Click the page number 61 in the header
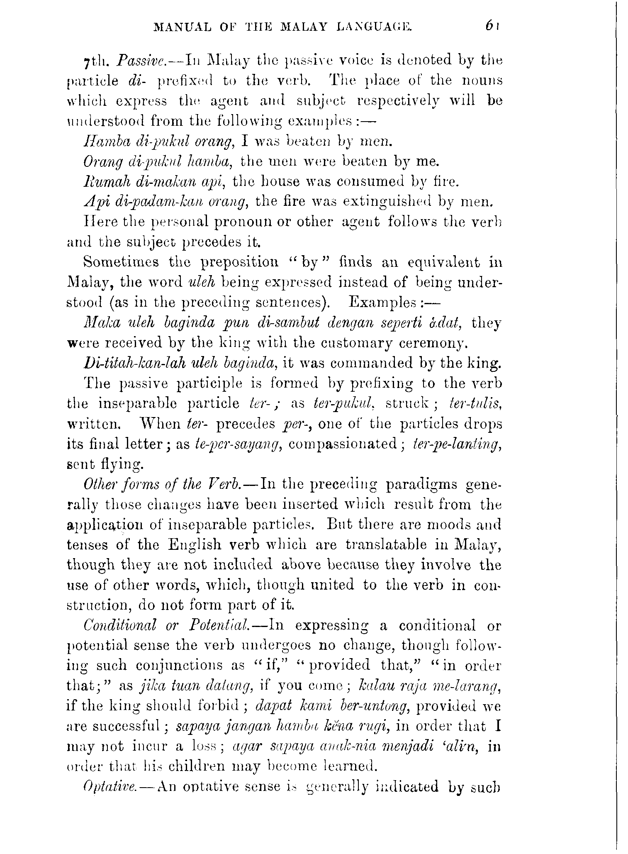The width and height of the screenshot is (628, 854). (492, 27)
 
